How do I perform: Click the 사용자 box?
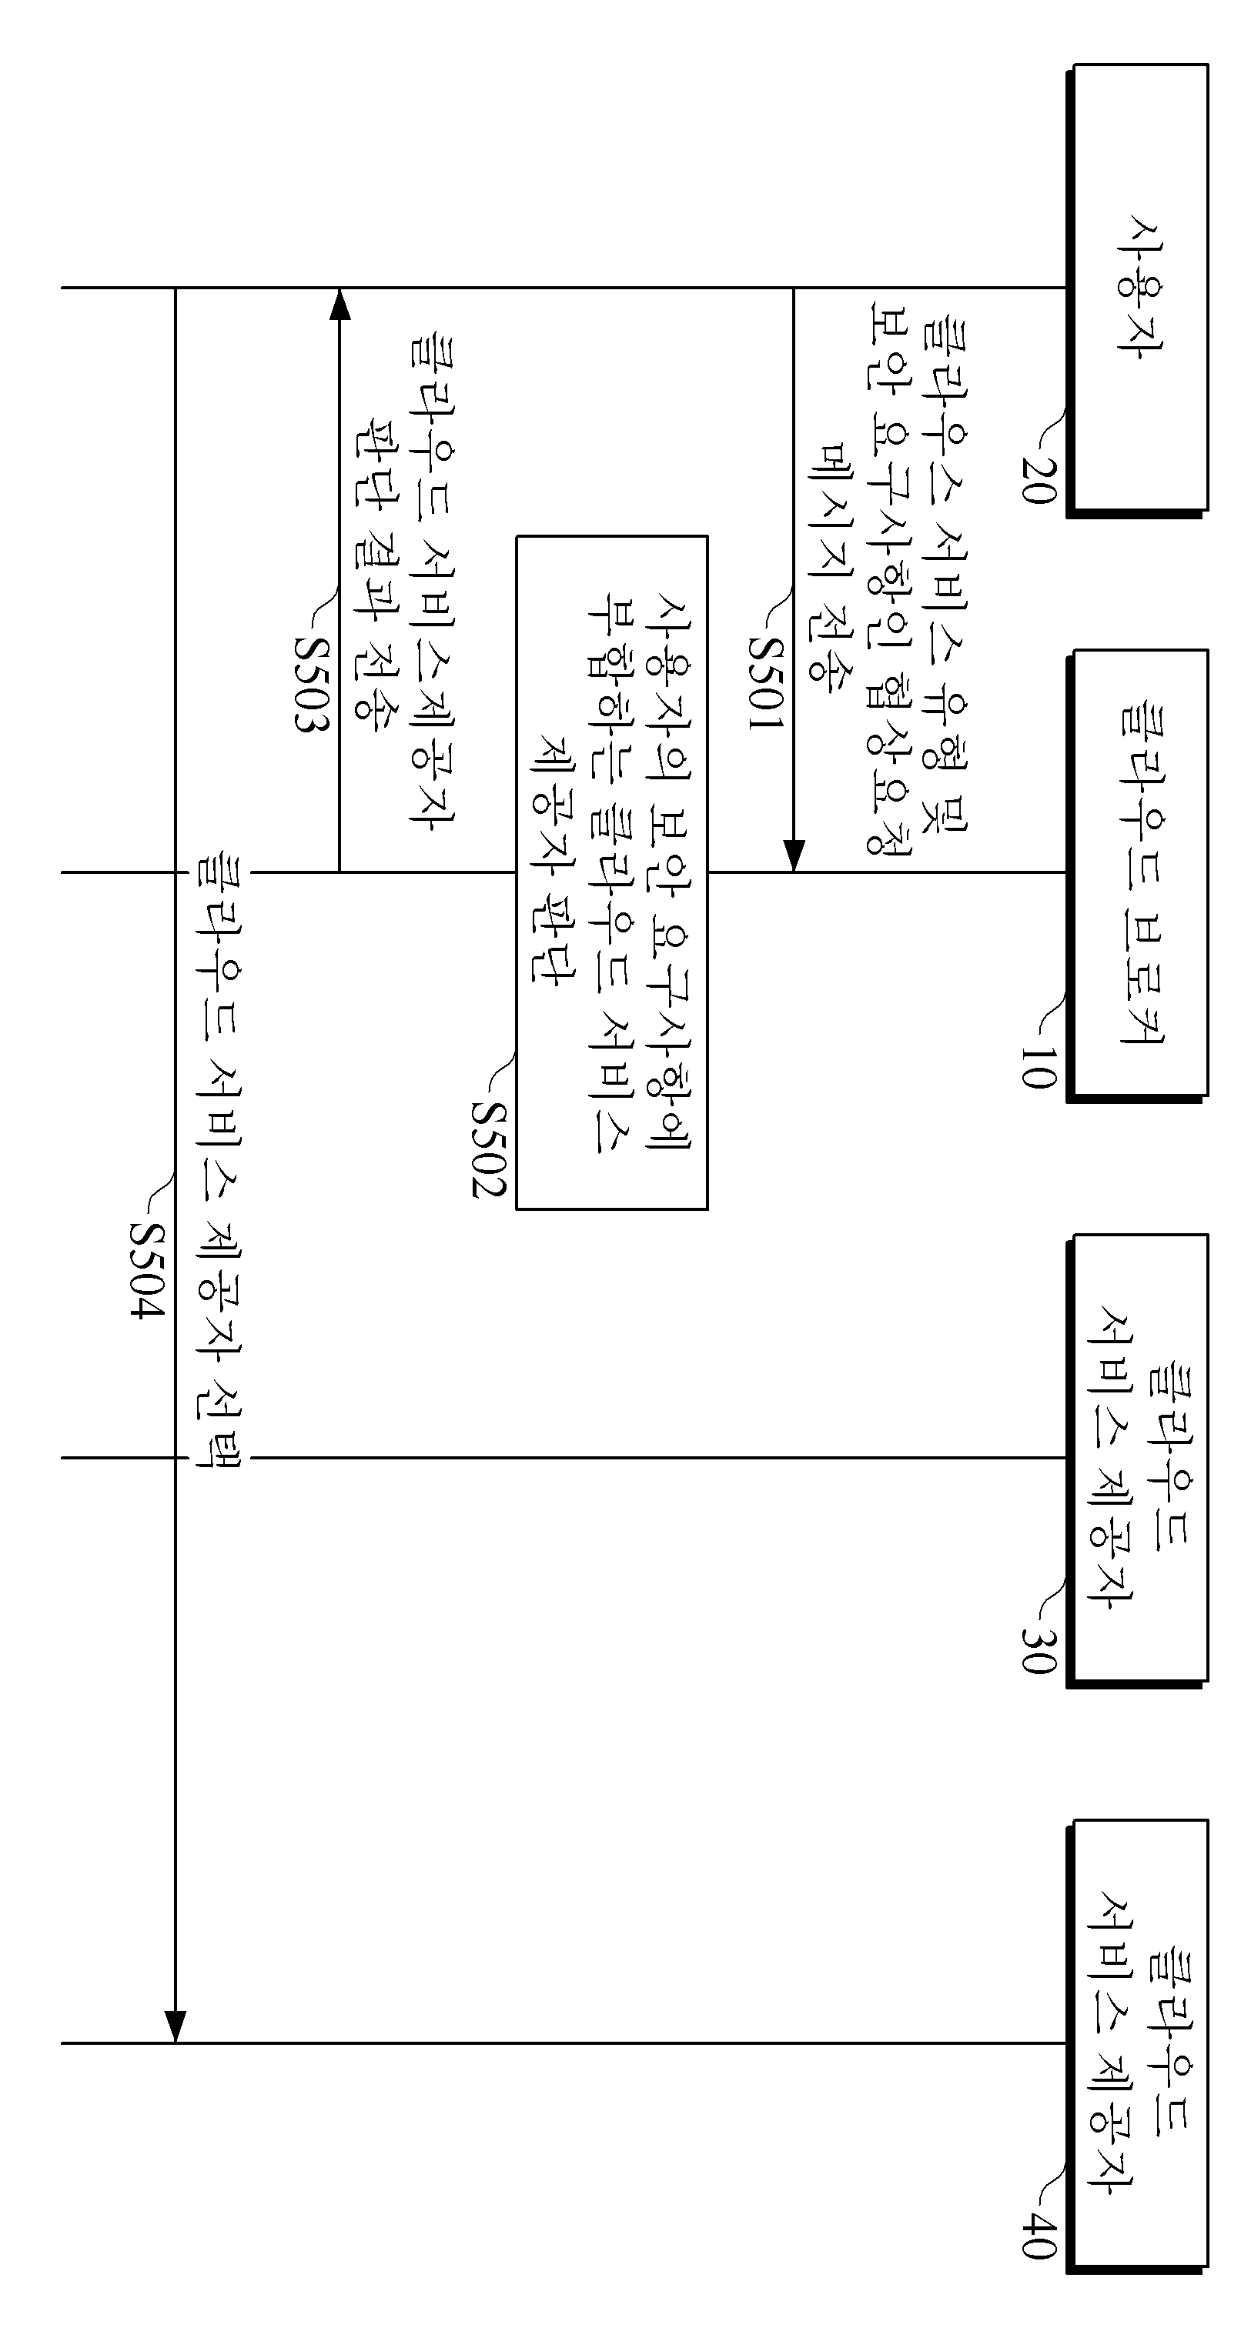pyautogui.click(x=1138, y=288)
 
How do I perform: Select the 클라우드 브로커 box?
pyautogui.click(x=1138, y=874)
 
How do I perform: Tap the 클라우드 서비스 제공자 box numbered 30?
pyautogui.click(x=1138, y=1459)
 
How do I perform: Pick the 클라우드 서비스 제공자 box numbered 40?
pyautogui.click(x=1138, y=2044)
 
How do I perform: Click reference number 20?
pyautogui.click(x=1038, y=479)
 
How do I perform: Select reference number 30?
pyautogui.click(x=1038, y=1649)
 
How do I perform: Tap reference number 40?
pyautogui.click(x=1038, y=2234)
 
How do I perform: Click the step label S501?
pyautogui.click(x=765, y=682)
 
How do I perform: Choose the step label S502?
pyautogui.click(x=488, y=1149)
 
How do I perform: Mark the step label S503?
pyautogui.click(x=309, y=683)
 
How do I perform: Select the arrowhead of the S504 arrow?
pyautogui.click(x=175, y=2027)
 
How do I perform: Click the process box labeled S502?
pyautogui.click(x=612, y=872)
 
